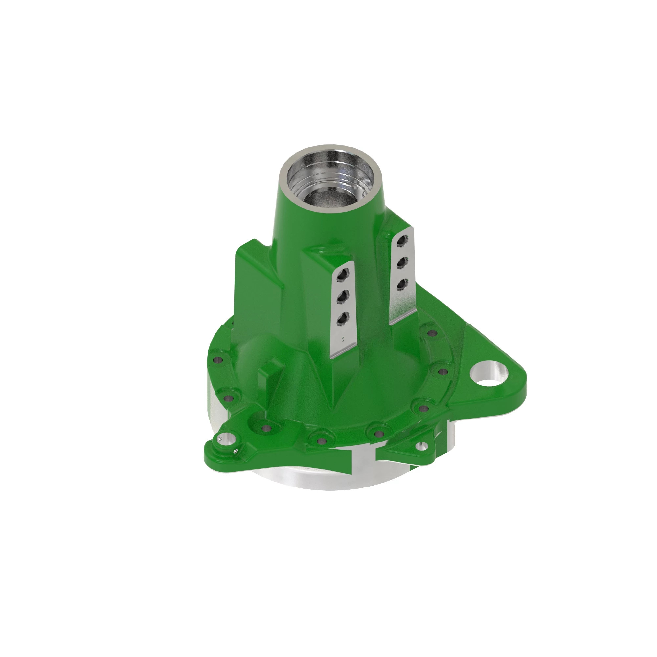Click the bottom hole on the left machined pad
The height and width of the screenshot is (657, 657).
tap(342, 319)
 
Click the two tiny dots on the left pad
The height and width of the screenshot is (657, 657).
tap(343, 338)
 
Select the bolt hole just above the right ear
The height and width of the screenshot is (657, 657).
tap(432, 333)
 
